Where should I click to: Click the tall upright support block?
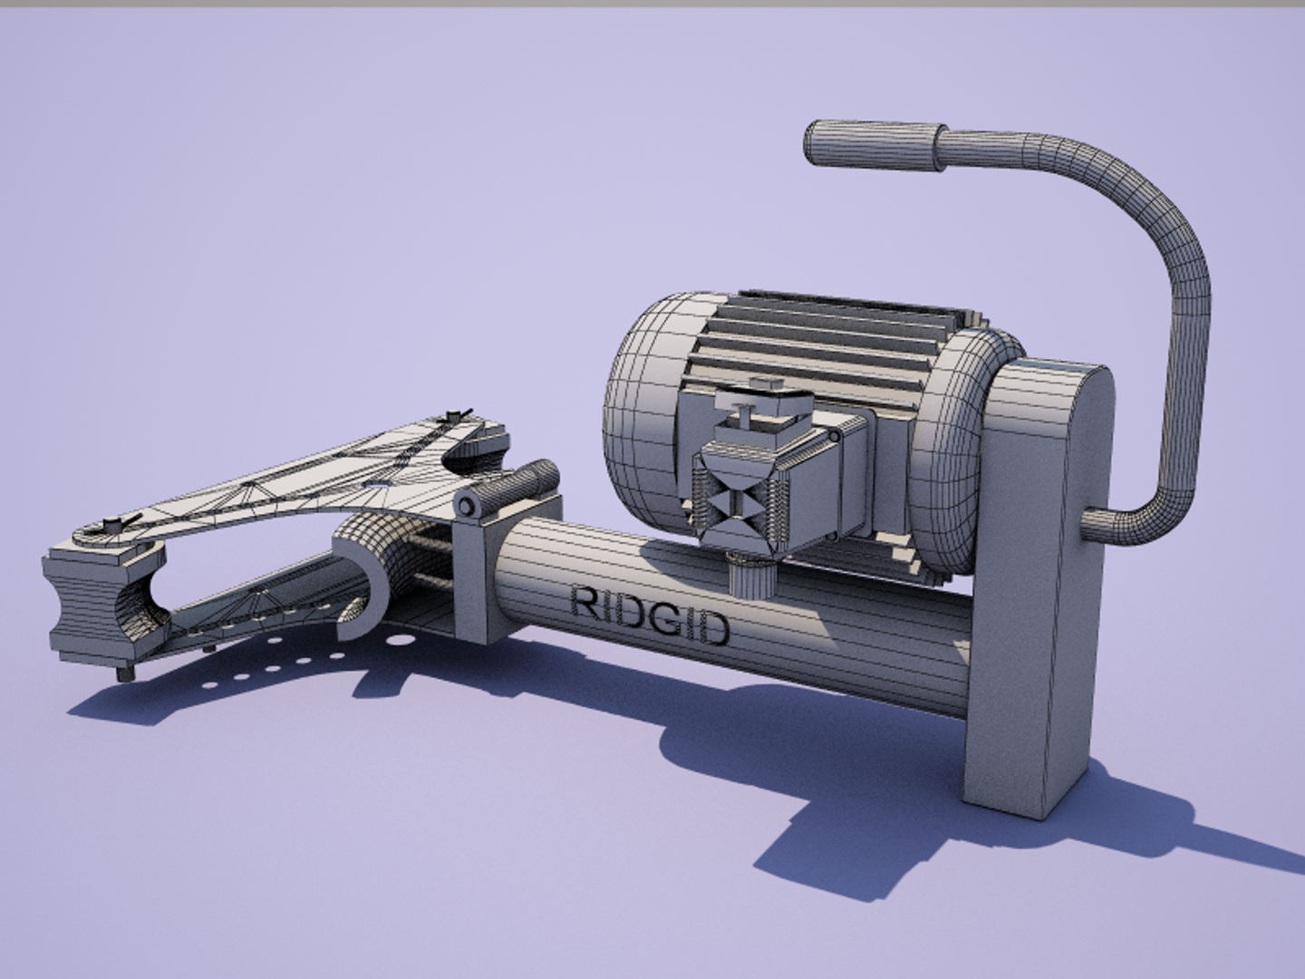point(1042,580)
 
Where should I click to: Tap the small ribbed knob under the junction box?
point(749,576)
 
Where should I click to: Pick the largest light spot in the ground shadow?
point(395,641)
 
